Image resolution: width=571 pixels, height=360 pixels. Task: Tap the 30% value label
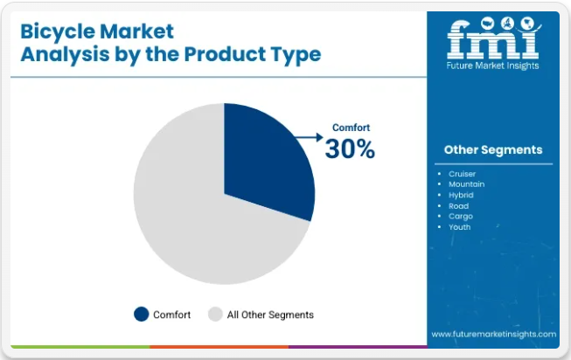point(350,149)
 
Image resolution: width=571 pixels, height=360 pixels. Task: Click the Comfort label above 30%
point(351,128)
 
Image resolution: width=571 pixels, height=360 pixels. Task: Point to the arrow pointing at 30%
point(309,137)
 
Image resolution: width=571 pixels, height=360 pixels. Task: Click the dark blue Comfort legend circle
point(142,315)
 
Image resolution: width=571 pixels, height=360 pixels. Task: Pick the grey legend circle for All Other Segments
point(215,315)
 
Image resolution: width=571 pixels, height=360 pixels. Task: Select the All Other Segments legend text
point(270,315)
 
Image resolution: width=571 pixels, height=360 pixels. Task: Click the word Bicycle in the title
point(59,32)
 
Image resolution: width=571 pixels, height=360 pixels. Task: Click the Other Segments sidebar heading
point(493,149)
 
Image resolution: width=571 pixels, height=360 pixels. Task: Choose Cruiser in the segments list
point(462,174)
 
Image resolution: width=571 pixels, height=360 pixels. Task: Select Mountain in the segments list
point(466,184)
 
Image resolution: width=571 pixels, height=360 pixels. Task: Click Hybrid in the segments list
point(461,195)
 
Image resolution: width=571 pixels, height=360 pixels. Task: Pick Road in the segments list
point(458,206)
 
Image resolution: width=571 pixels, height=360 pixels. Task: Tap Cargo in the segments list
point(461,217)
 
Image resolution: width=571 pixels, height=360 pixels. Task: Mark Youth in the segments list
point(460,227)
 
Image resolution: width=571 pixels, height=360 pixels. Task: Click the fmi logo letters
point(493,38)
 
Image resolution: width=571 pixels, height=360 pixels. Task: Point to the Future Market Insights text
point(492,66)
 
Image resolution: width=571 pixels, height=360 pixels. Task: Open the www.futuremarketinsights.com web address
point(494,334)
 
